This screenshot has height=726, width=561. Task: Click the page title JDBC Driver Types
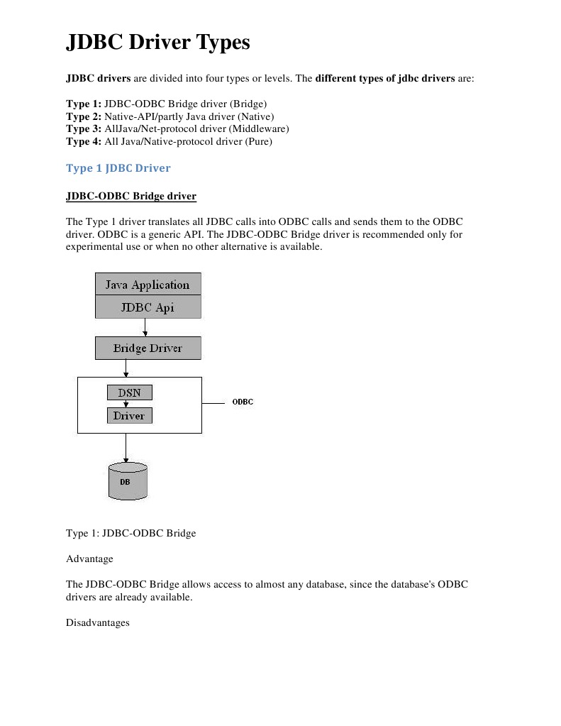coord(157,43)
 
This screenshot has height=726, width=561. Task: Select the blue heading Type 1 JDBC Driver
coord(118,168)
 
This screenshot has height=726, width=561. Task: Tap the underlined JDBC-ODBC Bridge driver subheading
coord(130,196)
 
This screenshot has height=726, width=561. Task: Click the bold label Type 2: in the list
coord(84,116)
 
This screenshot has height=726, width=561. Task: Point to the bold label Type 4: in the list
coord(84,142)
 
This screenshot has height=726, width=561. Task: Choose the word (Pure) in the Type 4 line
coord(259,142)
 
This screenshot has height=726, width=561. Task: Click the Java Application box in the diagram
coord(148,285)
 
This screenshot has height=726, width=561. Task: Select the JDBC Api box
coord(148,308)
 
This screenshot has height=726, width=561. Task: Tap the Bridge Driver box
coord(148,348)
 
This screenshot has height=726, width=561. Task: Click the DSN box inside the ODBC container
coord(129,392)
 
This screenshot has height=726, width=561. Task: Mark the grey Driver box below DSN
coord(129,416)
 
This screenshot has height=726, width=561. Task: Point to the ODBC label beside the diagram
coord(243,402)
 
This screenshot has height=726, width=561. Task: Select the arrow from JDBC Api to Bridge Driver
coord(145,327)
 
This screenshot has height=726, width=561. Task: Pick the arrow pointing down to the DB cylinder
coord(126,449)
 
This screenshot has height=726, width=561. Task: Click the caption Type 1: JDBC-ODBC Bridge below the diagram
coord(130,533)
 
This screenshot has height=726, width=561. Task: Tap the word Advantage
coord(89,559)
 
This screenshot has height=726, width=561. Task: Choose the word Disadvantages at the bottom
coord(97,623)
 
